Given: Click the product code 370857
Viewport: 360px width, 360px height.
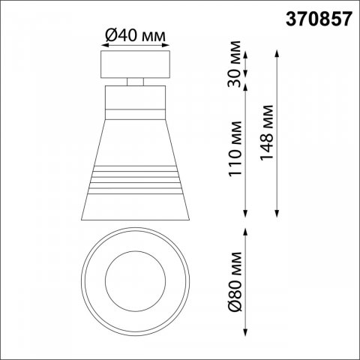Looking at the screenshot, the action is [x=319, y=19].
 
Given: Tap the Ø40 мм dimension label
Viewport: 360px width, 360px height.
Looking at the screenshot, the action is [x=135, y=35].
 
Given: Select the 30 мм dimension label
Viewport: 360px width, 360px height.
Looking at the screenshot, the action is [x=235, y=64].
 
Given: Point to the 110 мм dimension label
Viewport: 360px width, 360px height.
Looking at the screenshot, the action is [x=235, y=149].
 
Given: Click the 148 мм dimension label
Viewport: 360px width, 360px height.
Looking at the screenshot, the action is [x=266, y=133].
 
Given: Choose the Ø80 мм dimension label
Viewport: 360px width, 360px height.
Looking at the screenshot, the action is [x=235, y=282].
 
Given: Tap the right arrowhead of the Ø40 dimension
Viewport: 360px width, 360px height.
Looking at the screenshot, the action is [x=166, y=45].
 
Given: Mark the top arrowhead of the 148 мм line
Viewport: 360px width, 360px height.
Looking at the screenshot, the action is [x=277, y=54].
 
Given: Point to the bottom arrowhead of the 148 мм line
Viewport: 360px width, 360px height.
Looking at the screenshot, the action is [x=277, y=213].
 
